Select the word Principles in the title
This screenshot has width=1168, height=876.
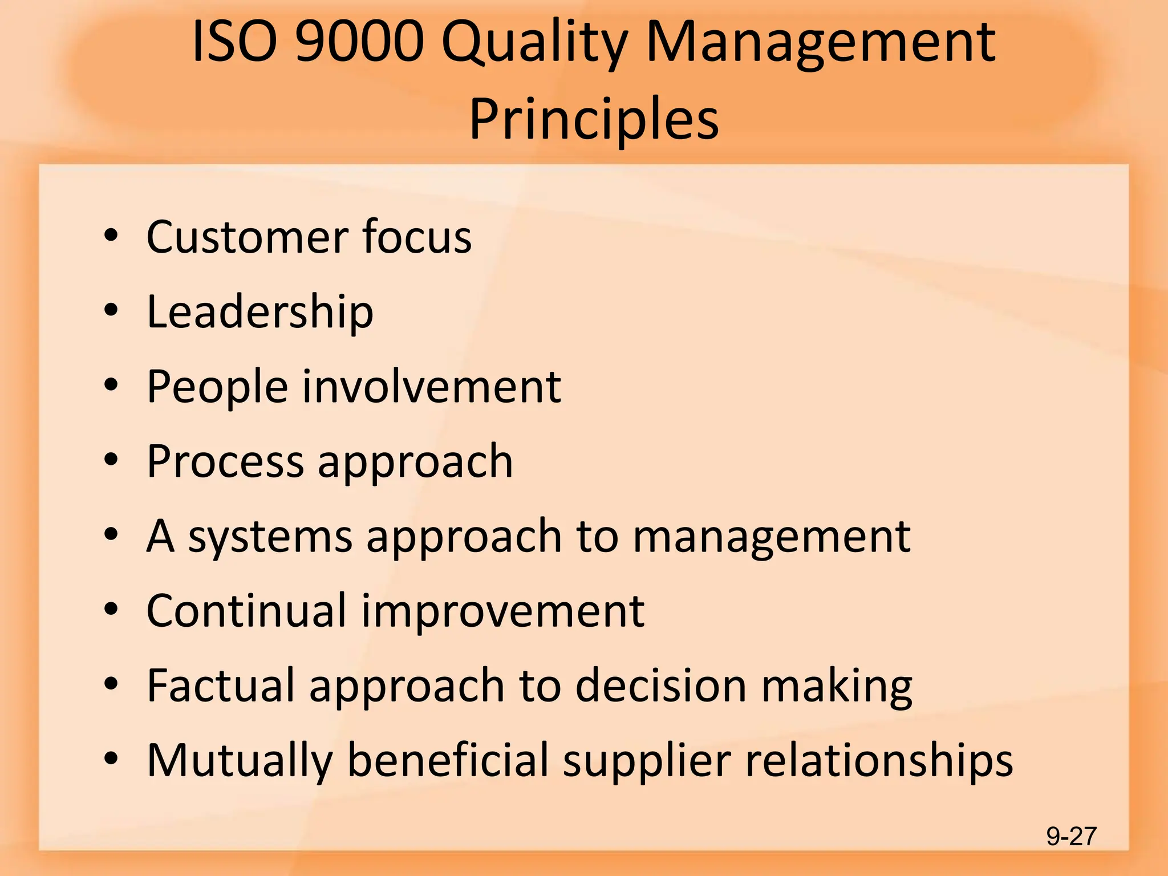coord(594,119)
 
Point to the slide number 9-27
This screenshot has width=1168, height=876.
coord(1071,836)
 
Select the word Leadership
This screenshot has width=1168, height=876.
coord(260,312)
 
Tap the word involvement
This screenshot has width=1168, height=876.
coord(431,386)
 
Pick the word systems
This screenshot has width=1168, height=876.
coord(270,537)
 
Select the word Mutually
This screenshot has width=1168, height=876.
coord(240,761)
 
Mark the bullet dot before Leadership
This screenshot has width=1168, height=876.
coord(111,311)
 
